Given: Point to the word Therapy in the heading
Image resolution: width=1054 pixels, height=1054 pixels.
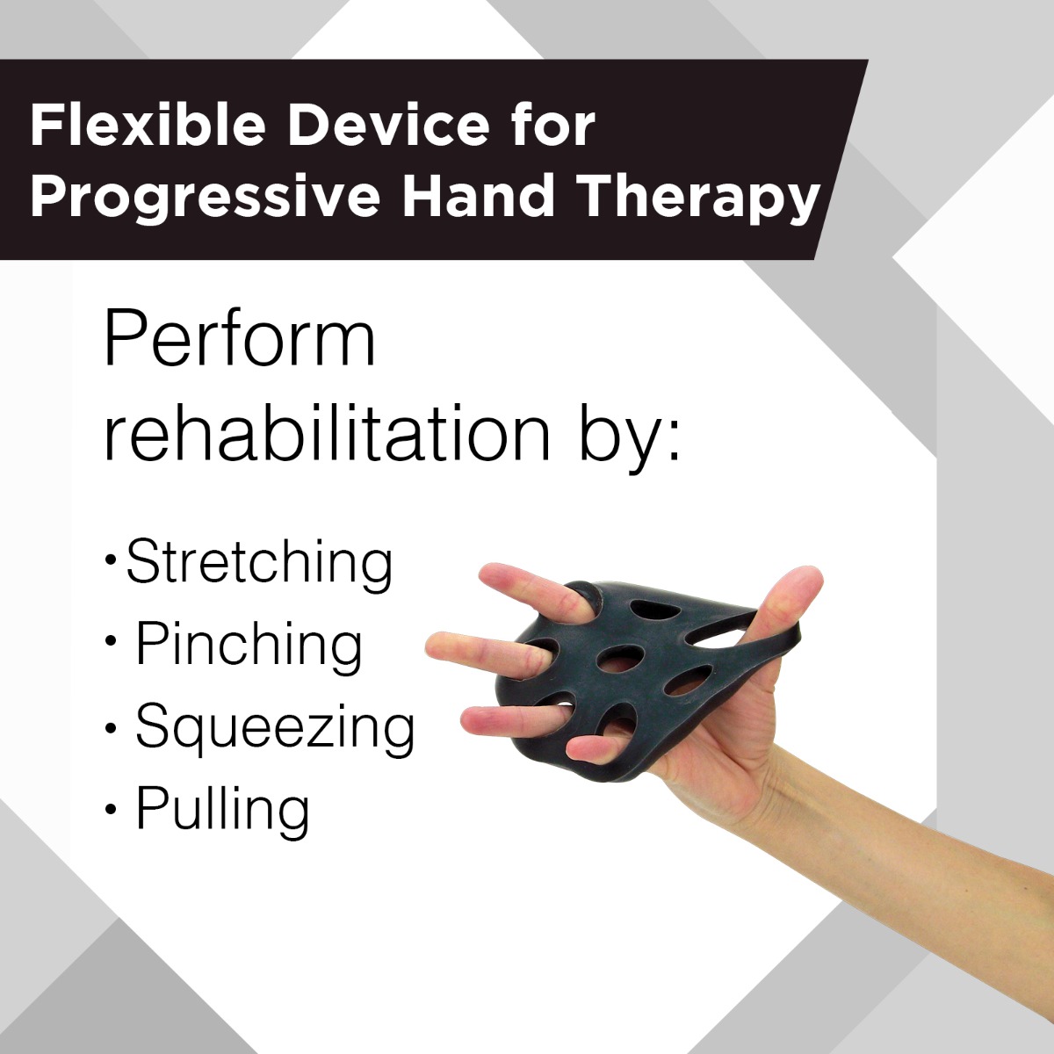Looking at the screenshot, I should (x=698, y=196).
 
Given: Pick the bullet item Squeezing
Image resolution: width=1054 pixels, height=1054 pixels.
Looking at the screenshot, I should (x=275, y=727).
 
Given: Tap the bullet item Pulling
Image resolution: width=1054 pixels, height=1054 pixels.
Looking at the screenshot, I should (x=222, y=809).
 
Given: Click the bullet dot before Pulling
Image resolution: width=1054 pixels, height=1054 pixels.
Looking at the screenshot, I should (x=111, y=809).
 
